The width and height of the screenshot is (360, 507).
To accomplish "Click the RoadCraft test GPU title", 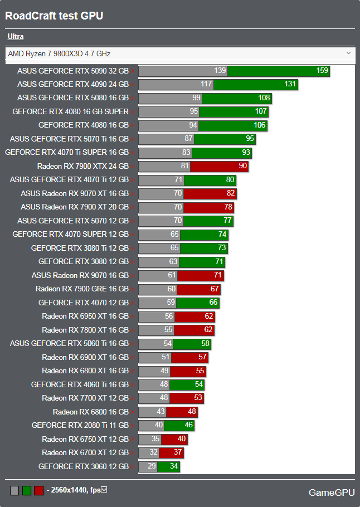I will pyautogui.click(x=54, y=16).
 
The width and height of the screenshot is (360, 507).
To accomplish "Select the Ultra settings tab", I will pyautogui.click(x=16, y=37).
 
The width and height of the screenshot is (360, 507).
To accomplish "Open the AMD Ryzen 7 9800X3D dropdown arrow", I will pyautogui.click(x=349, y=53).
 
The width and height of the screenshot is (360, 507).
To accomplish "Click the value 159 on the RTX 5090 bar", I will pyautogui.click(x=322, y=71).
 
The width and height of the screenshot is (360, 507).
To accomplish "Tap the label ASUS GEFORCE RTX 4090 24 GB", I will pyautogui.click(x=72, y=84).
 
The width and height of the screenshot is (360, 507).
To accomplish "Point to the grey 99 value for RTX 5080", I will pyautogui.click(x=196, y=98).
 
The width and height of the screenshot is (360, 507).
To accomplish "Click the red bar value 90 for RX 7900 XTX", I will pyautogui.click(x=242, y=166).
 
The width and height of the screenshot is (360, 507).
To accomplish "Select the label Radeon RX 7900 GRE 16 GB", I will pyautogui.click(x=82, y=289).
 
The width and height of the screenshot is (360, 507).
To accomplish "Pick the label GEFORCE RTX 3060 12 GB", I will pyautogui.click(x=84, y=466).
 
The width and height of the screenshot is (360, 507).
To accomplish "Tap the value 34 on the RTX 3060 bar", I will pyautogui.click(x=174, y=466).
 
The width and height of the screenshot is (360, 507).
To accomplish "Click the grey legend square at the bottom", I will pyautogui.click(x=14, y=490).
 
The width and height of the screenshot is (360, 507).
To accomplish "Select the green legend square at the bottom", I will pyautogui.click(x=26, y=490).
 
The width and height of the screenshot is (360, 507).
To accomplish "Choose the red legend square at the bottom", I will pyautogui.click(x=38, y=490).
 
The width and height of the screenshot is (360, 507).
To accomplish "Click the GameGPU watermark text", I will pyautogui.click(x=332, y=493).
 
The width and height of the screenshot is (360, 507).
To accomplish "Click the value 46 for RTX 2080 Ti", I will pyautogui.click(x=188, y=425).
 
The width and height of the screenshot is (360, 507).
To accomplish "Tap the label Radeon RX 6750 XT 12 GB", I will pyautogui.click(x=85, y=439).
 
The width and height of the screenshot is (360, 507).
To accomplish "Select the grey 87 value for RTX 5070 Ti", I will pyautogui.click(x=188, y=139).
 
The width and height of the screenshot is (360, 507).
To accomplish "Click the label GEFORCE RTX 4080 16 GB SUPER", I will pyautogui.click(x=70, y=111).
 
